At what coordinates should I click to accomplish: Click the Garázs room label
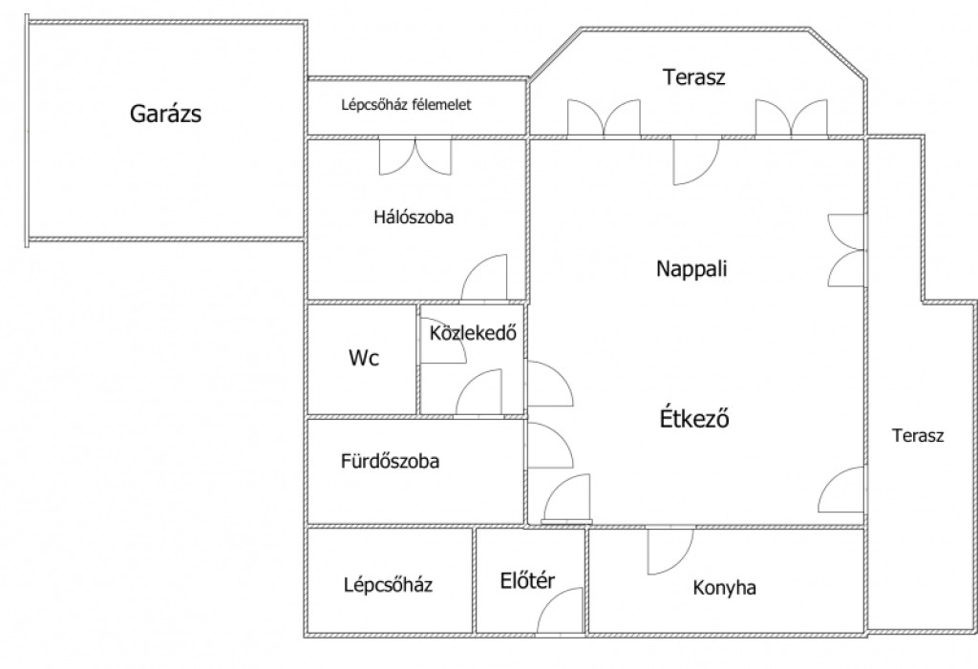(165, 115)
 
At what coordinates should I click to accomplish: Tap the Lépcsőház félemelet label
(406, 105)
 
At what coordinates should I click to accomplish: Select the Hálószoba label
(413, 217)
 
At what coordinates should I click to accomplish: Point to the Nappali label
(691, 269)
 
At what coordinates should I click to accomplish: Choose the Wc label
(363, 359)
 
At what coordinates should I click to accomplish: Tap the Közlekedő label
(473, 334)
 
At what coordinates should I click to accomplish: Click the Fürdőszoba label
(390, 463)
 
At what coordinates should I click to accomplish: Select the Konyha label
(724, 588)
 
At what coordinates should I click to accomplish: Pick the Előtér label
(527, 582)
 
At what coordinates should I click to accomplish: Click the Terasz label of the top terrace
(694, 78)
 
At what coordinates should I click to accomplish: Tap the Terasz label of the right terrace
(918, 436)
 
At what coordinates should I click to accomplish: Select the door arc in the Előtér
(562, 611)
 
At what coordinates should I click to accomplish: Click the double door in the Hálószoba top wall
(415, 157)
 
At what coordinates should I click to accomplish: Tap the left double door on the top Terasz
(604, 118)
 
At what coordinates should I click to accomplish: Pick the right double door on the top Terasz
(791, 118)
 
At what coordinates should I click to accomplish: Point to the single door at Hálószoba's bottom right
(485, 279)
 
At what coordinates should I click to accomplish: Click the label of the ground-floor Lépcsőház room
(388, 585)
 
